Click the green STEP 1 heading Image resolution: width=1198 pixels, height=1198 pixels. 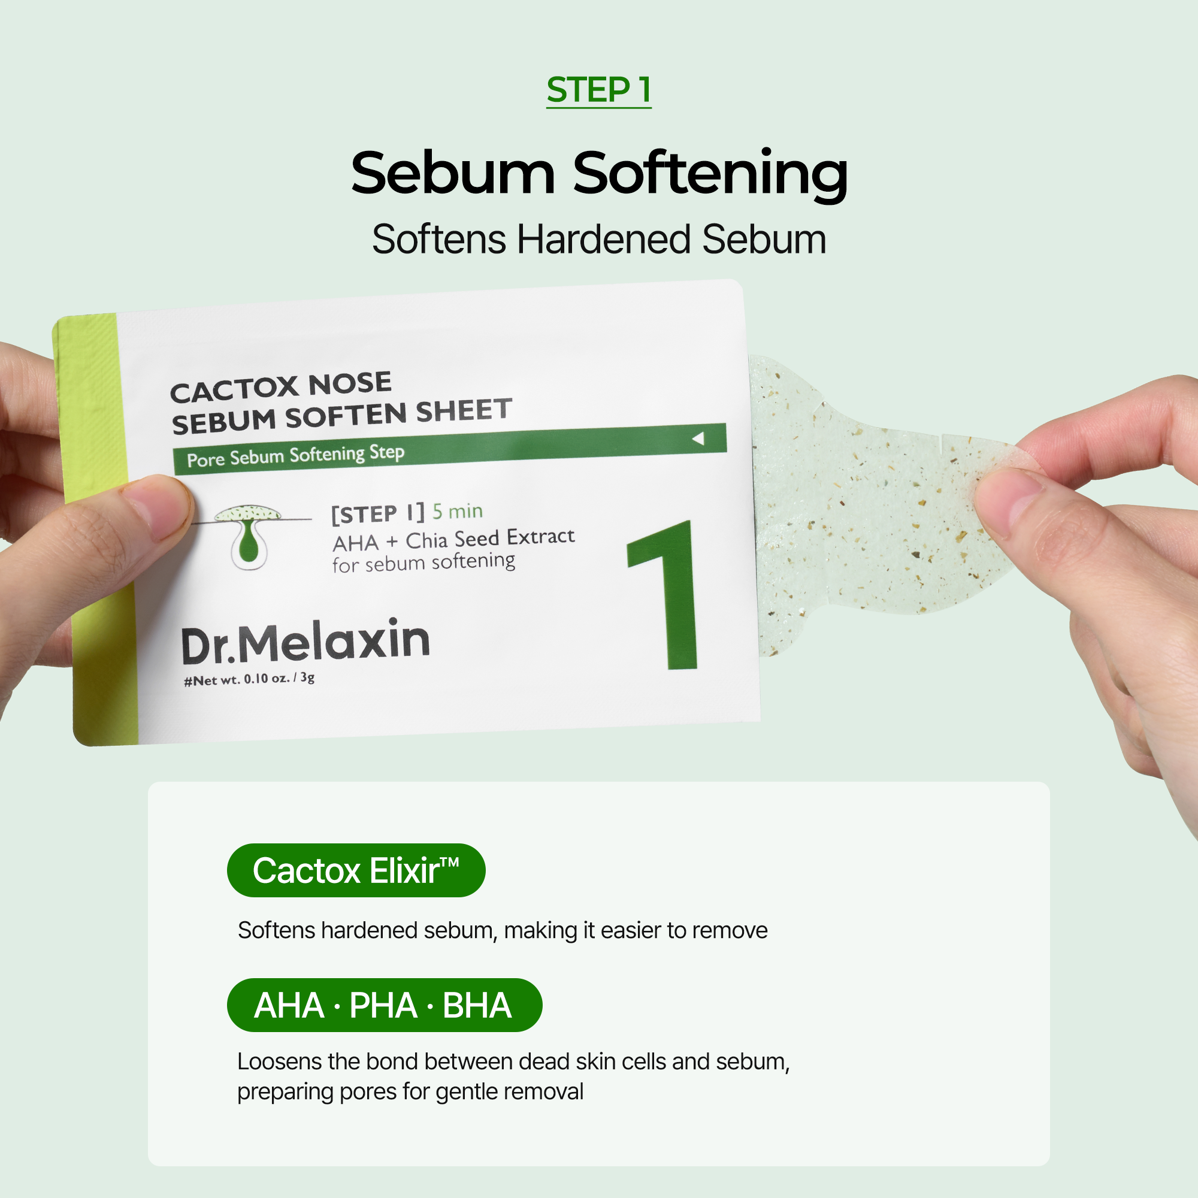pyautogui.click(x=598, y=90)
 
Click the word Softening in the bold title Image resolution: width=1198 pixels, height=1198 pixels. pyautogui.click(x=710, y=175)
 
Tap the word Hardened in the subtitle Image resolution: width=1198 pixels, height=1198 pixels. pyautogui.click(x=603, y=240)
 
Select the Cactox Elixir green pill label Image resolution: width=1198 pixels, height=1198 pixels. pyautogui.click(x=356, y=870)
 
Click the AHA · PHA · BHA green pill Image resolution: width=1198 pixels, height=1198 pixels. pyautogui.click(x=385, y=1005)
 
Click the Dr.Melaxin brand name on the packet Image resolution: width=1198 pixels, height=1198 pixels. pyautogui.click(x=305, y=641)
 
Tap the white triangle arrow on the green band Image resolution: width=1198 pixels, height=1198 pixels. pyautogui.click(x=698, y=438)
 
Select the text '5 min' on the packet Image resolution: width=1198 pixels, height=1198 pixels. pyautogui.click(x=458, y=512)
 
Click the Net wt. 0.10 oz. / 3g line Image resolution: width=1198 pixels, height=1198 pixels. pyautogui.click(x=249, y=679)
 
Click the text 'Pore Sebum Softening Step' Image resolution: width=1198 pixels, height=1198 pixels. pyautogui.click(x=296, y=456)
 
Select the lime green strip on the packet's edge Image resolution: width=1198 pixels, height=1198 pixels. pyautogui.click(x=96, y=527)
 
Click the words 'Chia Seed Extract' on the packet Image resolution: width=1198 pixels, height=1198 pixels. pyautogui.click(x=491, y=539)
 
